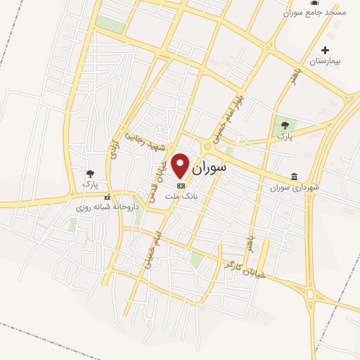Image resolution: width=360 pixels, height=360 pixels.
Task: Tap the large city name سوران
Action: pos(210,168)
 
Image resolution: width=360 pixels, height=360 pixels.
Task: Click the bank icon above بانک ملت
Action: pos(181,186)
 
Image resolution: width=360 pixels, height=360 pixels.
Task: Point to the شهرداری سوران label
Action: pos(295,188)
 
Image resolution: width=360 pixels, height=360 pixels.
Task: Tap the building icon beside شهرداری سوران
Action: pos(294,176)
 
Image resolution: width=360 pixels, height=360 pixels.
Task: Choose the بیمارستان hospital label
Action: pos(326,62)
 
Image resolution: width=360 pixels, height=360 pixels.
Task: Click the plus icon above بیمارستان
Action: pos(325,50)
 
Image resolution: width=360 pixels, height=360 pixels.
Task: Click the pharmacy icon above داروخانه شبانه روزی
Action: pos(107,197)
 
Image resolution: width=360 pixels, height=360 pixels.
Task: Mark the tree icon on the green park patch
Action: pos(285,124)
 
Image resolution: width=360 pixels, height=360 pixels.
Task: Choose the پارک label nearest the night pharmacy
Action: pos(89,184)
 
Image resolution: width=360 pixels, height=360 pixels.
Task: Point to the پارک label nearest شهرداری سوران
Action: pos(284,135)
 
